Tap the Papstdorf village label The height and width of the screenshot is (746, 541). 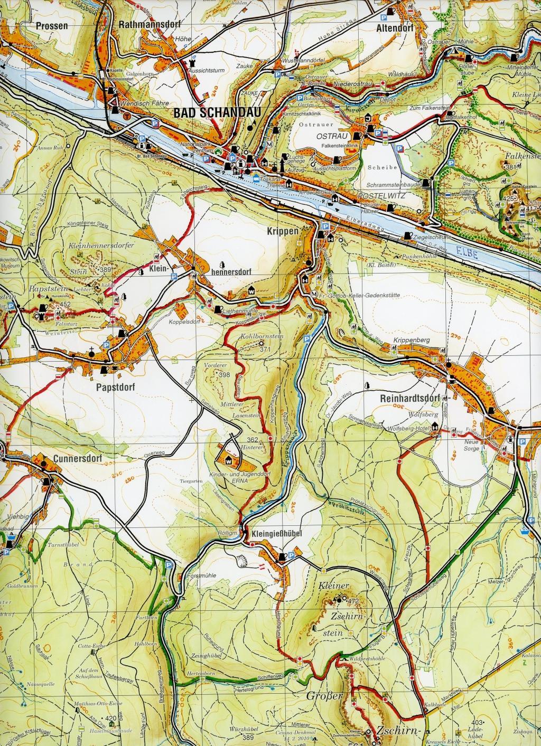pyautogui.click(x=116, y=386)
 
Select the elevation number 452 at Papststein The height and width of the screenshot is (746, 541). pyautogui.click(x=65, y=305)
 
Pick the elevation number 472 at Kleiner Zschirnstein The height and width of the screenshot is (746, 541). pyautogui.click(x=353, y=601)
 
